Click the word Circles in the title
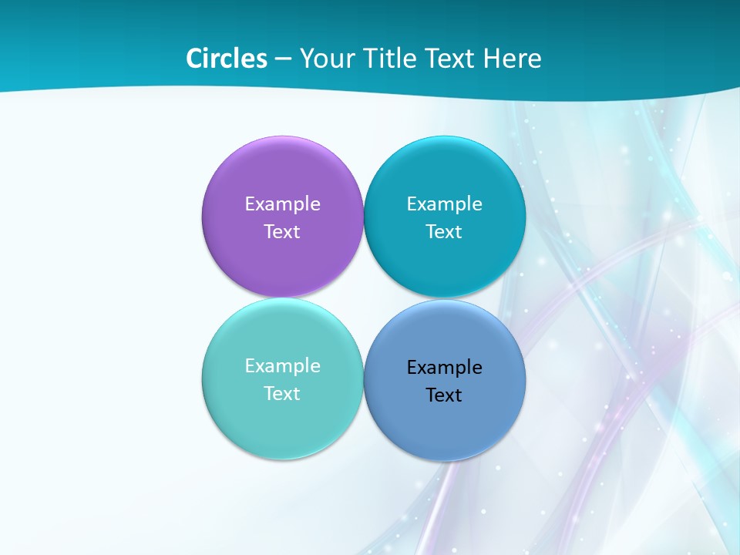[x=227, y=59]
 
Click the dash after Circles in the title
[x=283, y=59]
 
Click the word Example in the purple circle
[x=282, y=203]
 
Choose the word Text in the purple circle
[x=282, y=231]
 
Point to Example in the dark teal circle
[x=445, y=203]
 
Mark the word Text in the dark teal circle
[x=445, y=231]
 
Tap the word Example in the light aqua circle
[x=282, y=365]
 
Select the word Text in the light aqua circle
[x=282, y=393]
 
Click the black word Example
[x=445, y=367]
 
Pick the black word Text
[x=445, y=395]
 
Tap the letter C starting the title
[x=194, y=59]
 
